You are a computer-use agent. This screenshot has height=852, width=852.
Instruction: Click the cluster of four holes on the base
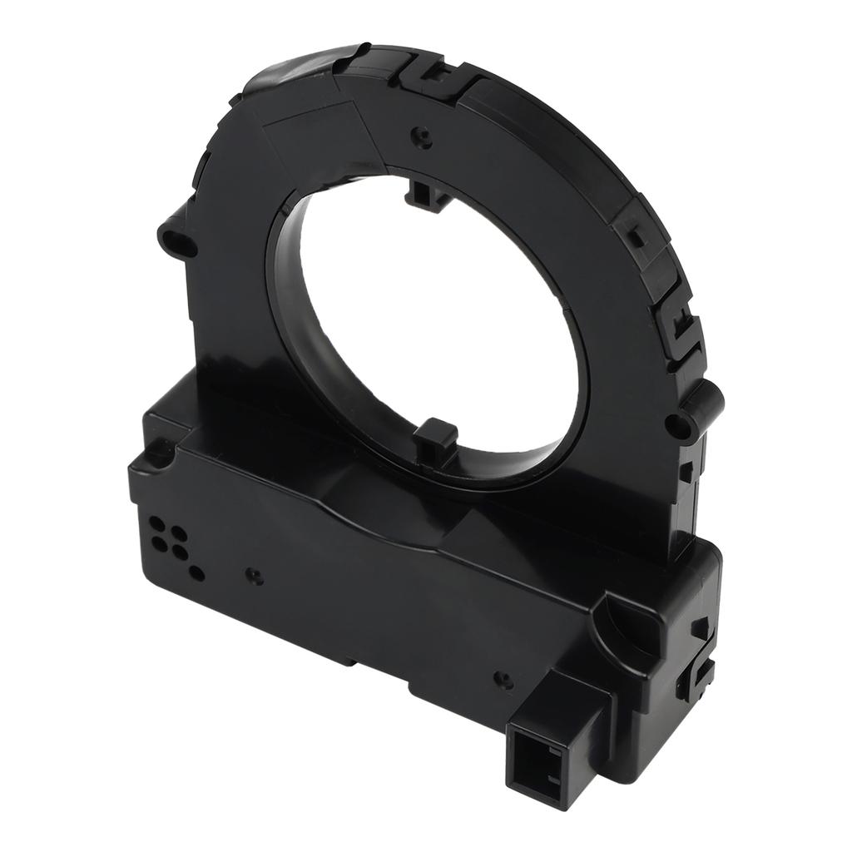point(167,536)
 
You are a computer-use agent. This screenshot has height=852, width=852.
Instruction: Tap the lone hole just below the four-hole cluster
point(197,572)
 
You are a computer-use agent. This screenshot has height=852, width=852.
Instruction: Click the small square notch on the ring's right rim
point(636,235)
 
